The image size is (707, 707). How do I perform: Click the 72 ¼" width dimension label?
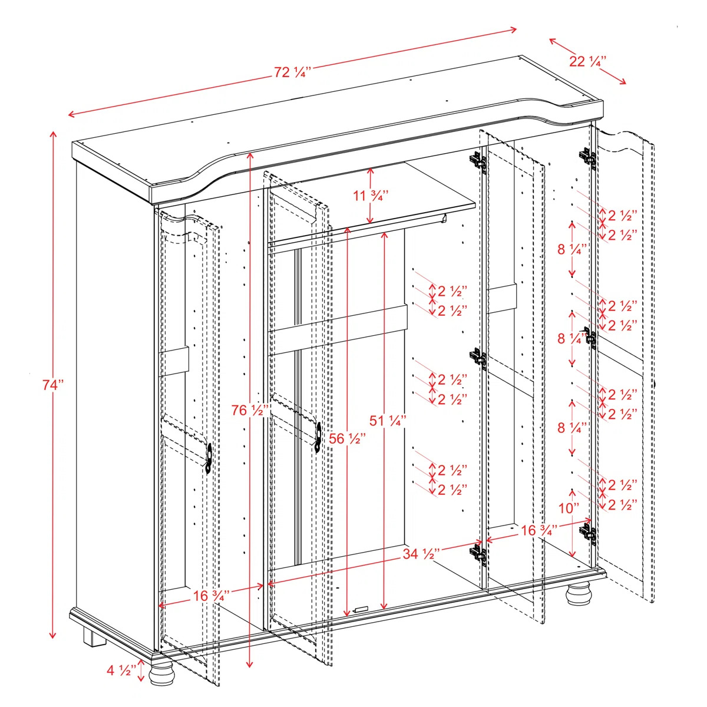(292, 72)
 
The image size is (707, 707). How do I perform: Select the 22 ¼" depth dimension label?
(587, 61)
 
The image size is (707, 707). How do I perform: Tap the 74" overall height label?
(52, 385)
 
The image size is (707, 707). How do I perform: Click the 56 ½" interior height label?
(347, 438)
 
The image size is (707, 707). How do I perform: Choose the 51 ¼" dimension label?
(388, 421)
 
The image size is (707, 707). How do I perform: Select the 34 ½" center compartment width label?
(422, 554)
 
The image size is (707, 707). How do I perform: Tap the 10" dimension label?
(569, 508)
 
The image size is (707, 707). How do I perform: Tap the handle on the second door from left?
(318, 438)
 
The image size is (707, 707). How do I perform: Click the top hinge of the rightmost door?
(587, 157)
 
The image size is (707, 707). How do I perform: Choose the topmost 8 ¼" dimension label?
(572, 249)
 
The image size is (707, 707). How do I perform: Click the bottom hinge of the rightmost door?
(587, 533)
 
